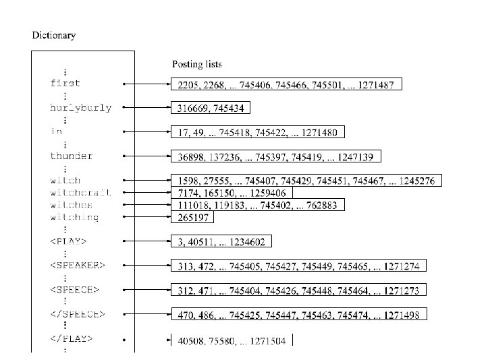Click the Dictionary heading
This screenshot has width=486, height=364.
[x=54, y=35]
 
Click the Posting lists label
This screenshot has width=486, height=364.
[x=197, y=65]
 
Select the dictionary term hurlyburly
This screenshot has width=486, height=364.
[x=81, y=108]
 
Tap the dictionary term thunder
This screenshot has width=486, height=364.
[x=72, y=156]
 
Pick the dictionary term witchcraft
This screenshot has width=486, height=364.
[x=81, y=193]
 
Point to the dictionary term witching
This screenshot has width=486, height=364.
[x=75, y=217]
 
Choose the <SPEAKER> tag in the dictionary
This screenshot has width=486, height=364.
[x=78, y=266]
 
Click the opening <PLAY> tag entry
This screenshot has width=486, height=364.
[x=69, y=241]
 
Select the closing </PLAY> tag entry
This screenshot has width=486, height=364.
[x=72, y=339]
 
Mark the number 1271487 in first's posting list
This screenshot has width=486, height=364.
[x=379, y=84]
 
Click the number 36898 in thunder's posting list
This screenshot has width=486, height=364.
[x=190, y=157]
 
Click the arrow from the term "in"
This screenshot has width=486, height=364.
[x=146, y=132]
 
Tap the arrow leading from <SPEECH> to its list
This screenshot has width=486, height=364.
[x=146, y=291]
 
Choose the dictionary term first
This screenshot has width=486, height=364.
[x=65, y=84]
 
